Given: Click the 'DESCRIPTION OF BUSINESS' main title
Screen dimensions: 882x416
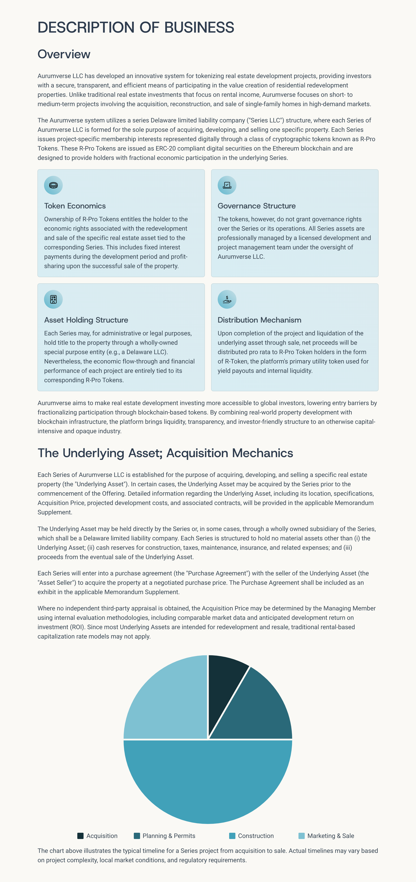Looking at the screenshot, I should (136, 27).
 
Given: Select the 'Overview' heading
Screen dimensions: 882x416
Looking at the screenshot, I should (64, 54).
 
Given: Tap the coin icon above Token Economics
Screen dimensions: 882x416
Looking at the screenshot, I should (53, 185).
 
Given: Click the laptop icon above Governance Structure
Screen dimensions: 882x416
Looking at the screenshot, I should (227, 185).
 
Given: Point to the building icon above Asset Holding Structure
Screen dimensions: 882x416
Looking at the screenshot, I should (53, 299).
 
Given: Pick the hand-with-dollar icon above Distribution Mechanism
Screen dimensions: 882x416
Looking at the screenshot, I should (227, 299).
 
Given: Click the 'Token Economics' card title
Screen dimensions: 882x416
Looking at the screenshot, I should (75, 206).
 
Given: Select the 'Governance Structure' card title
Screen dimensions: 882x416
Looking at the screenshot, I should (257, 206).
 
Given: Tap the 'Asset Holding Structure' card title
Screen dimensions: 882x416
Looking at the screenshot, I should (86, 320).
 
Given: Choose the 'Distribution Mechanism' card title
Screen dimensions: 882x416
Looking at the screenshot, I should (259, 320).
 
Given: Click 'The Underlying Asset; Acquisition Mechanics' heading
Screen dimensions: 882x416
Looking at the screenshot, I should (165, 453).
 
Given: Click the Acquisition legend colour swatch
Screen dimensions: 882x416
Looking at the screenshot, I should (80, 836).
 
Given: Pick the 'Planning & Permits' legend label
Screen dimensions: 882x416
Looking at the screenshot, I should (169, 836).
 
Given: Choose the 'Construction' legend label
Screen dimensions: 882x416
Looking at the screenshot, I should (255, 836).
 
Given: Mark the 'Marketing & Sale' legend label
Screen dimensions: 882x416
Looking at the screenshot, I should (331, 836).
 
